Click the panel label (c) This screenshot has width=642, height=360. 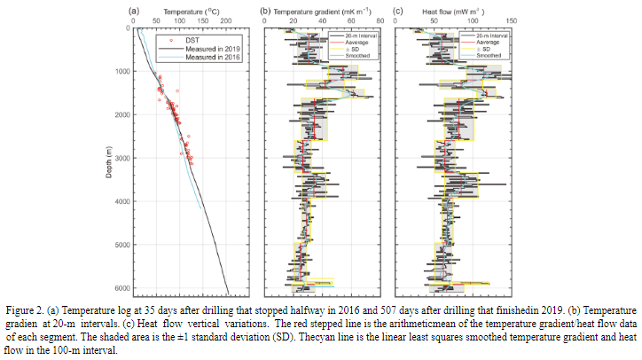tap(398, 12)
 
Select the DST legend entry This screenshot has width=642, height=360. tap(192, 40)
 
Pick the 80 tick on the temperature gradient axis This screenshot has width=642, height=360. tap(380, 21)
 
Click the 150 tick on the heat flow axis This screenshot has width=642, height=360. tap(512, 21)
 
